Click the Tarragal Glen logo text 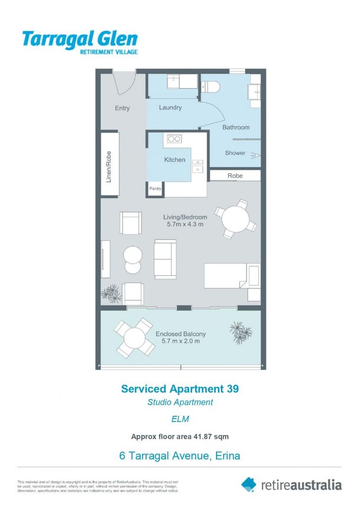80,40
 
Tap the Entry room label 122,108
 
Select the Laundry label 170,108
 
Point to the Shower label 235,153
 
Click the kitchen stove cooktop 175,139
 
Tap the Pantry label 155,189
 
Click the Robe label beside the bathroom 235,176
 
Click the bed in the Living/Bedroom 232,276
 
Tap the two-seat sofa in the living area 165,259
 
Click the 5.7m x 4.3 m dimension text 185,225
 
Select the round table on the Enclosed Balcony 134,338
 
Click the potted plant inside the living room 112,294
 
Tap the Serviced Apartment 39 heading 180,389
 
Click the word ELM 180,418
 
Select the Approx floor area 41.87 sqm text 180,436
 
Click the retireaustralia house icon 249,484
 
